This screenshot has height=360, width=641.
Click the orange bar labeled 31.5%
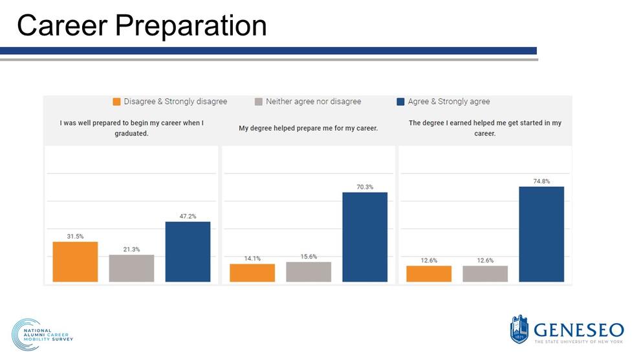pos(75,262)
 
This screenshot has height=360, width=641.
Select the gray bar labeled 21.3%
pos(132,268)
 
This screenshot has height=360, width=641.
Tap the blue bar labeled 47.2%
pos(188,251)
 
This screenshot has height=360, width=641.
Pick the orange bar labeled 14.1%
pos(252,273)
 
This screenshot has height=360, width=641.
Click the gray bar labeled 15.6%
pos(309,271)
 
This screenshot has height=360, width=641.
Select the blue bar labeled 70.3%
pos(365,237)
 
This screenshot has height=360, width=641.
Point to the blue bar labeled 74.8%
pos(541,234)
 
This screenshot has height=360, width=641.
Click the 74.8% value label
pos(541,181)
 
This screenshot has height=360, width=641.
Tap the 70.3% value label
pos(365,187)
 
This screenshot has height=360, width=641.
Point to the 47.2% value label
pos(188,216)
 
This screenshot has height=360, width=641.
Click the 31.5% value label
pos(75,236)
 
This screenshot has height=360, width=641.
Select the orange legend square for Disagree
pos(116,101)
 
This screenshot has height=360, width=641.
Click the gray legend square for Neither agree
pos(258,101)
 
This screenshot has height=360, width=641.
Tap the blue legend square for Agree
pos(400,101)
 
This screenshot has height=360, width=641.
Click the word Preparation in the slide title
pos(191,26)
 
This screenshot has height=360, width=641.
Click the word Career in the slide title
pos(62,25)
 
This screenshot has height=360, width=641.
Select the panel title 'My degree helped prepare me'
pos(309,129)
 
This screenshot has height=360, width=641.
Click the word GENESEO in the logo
pos(579,330)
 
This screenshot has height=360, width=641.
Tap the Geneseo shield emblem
pos(519,329)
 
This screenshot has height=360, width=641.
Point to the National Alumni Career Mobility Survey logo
pos(42,335)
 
